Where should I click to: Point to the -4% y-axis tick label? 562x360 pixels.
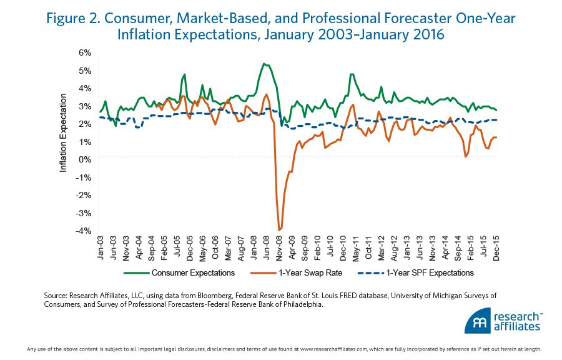(x=82, y=231)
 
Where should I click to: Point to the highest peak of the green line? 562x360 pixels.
(x=264, y=63)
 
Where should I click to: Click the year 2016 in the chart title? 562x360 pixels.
(x=427, y=35)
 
